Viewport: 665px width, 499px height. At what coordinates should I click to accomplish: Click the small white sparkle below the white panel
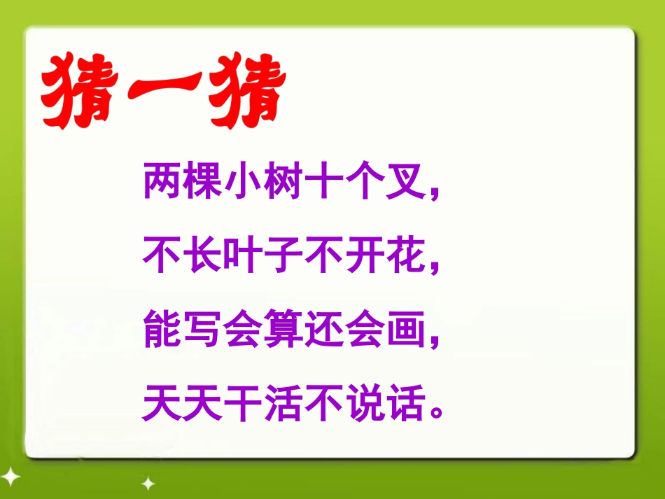(x=148, y=483)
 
